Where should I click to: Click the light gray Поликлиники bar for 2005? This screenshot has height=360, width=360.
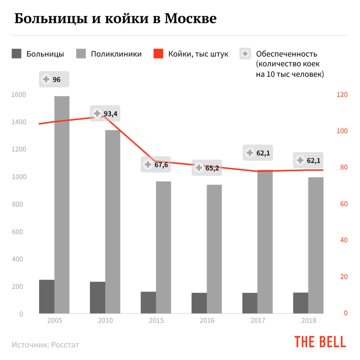pyautogui.click(x=62, y=204)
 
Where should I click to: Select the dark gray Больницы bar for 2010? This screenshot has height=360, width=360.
pyautogui.click(x=97, y=297)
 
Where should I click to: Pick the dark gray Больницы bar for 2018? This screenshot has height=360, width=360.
pyautogui.click(x=301, y=303)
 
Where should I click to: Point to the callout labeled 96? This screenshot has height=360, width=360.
pyautogui.click(x=54, y=79)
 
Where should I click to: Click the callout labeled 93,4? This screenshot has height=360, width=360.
pyautogui.click(x=105, y=114)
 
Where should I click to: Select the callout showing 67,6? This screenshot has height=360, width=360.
pyautogui.click(x=156, y=165)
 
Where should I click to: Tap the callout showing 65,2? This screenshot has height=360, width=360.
pyautogui.click(x=207, y=168)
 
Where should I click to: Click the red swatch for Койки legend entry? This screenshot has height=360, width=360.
pyautogui.click(x=159, y=54)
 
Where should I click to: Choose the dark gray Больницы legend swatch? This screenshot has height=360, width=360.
pyautogui.click(x=17, y=54)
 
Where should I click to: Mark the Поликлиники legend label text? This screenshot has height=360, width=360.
pyautogui.click(x=116, y=54)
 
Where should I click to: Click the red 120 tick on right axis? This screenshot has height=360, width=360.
pyautogui.click(x=342, y=95)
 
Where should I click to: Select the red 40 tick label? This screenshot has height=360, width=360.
pyautogui.click(x=342, y=240)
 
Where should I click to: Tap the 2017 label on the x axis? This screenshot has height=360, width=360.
pyautogui.click(x=258, y=321)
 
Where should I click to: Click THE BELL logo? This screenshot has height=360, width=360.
pyautogui.click(x=320, y=342)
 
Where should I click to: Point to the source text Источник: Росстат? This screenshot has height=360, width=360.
pyautogui.click(x=45, y=345)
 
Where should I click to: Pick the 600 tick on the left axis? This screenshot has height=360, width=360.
pyautogui.click(x=18, y=232)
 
